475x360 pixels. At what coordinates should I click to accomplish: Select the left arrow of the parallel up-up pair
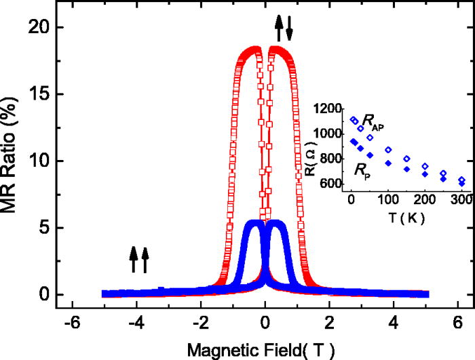(x=134, y=259)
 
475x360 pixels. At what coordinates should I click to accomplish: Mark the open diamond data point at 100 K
(x=388, y=150)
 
